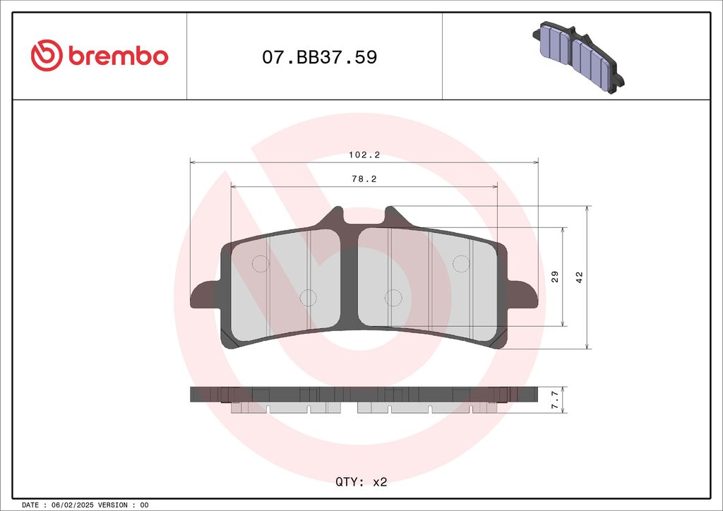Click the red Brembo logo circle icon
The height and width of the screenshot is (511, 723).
[x=47, y=55]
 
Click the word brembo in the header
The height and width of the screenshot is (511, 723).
[x=119, y=56]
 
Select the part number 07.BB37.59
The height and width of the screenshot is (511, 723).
[x=320, y=57]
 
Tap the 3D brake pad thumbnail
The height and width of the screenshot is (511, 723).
[x=578, y=57]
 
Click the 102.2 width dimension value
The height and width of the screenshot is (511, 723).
[x=364, y=155]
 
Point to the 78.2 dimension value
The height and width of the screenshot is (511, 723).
[x=364, y=179]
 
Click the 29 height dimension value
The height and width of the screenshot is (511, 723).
[x=555, y=277]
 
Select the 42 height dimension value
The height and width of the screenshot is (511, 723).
[x=579, y=277]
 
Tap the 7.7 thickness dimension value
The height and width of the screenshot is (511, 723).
[x=555, y=399]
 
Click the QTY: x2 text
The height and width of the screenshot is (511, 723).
[x=361, y=482]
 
